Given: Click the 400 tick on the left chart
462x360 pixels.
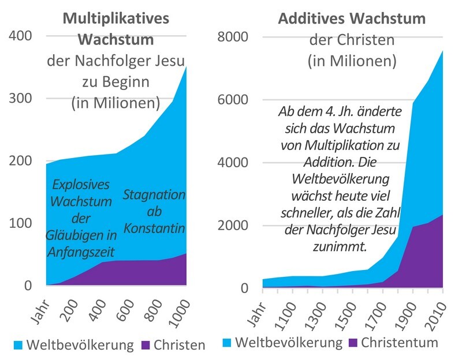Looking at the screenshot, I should point(20,36).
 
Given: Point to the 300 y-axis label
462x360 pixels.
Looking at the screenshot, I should point(20,98).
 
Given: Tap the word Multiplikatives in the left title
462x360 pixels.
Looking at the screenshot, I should point(115,18).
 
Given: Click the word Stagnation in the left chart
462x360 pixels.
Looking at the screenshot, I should point(154,194).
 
